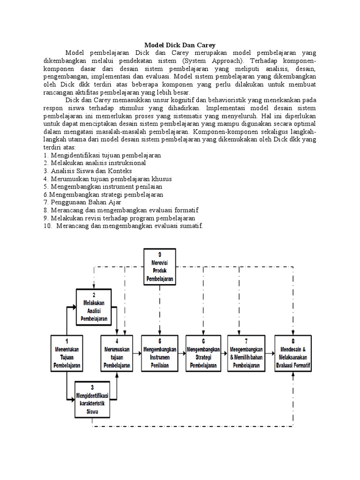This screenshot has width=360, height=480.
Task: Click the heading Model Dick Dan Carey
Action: point(180,45)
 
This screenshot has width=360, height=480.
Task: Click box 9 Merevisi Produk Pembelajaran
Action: point(160,267)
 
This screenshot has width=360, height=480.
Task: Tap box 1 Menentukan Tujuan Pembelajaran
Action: point(66,354)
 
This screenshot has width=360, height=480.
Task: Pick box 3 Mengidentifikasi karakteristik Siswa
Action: point(92,400)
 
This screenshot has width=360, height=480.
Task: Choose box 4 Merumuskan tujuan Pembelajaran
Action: point(117,354)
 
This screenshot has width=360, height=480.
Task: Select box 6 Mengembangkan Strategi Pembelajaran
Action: point(203,354)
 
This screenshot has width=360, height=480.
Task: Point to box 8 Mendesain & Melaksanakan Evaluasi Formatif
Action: point(293,354)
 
